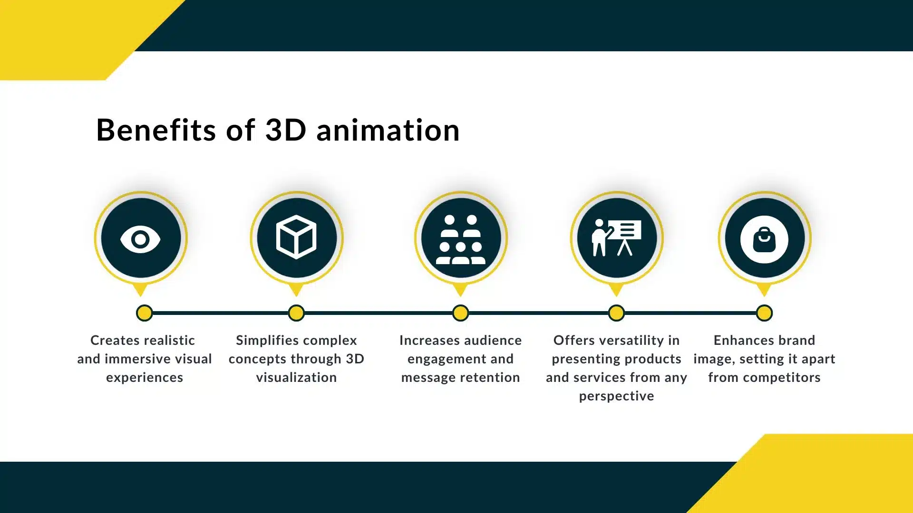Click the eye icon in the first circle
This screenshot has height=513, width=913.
140,239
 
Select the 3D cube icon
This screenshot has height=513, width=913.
296,237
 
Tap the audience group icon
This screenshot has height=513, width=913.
460,239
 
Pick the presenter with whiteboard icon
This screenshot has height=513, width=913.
616,237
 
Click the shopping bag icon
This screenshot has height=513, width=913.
764,239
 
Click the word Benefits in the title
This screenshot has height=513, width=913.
156,130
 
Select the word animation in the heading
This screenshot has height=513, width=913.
388,130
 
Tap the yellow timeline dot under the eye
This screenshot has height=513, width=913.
145,313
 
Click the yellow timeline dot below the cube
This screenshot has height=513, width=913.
296,313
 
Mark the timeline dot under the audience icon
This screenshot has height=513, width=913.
460,313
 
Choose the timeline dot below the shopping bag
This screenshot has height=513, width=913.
764,313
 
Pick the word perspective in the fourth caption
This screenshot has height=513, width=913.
616,396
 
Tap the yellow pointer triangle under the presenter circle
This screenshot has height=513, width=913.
616,289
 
